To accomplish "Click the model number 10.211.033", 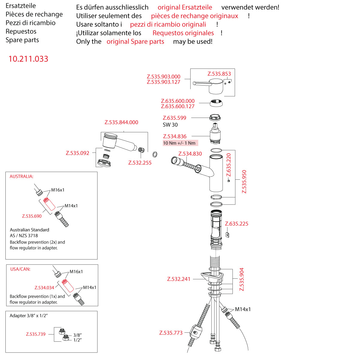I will (x=28, y=59).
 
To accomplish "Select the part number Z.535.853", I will (x=219, y=74).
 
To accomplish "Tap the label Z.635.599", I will (x=174, y=118).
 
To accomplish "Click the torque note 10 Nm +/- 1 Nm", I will (x=179, y=143).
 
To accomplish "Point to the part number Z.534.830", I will (x=190, y=154).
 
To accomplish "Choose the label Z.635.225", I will (x=237, y=224).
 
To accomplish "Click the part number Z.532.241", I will (x=179, y=279).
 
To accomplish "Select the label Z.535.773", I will (x=171, y=333).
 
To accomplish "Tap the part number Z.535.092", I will (x=77, y=153).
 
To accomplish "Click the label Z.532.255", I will (x=140, y=163).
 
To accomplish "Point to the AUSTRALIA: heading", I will (x=22, y=176).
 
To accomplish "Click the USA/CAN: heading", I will (x=20, y=269).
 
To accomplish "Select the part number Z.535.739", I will (x=36, y=334).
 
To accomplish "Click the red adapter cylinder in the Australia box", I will (x=49, y=204).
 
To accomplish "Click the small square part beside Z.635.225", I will (x=227, y=234).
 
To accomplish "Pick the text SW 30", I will (x=170, y=125).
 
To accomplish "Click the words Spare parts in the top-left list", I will (x=22, y=40).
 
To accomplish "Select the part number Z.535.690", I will (x=32, y=216).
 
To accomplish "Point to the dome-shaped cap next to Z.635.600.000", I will (x=216, y=103).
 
